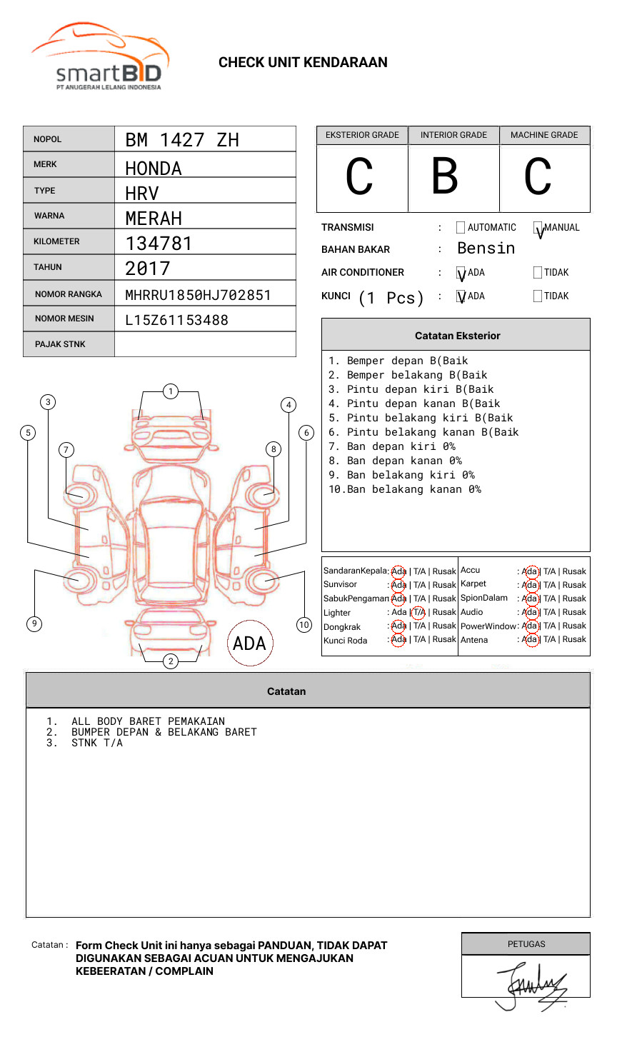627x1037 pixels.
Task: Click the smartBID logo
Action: [100, 57]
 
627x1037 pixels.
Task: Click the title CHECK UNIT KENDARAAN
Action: [303, 63]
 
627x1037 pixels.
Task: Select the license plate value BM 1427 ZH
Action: [182, 140]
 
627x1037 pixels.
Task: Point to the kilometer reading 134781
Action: [159, 244]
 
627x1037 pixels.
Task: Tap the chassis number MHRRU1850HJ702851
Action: [198, 295]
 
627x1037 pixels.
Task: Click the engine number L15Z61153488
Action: [176, 320]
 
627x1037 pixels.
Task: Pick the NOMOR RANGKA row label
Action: [69, 294]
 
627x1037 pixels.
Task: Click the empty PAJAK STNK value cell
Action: [205, 344]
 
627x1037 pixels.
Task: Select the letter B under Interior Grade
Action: [445, 177]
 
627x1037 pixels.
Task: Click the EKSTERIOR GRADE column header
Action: [362, 135]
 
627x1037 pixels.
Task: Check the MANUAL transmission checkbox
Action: [538, 229]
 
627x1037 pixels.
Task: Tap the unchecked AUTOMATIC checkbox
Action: [461, 228]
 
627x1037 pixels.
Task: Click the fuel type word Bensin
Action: [486, 249]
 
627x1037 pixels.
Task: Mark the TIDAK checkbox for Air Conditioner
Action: [538, 273]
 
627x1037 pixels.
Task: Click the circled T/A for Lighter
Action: [418, 612]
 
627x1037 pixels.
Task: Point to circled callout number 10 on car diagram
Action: [304, 625]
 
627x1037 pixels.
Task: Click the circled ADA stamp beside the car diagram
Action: [249, 643]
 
